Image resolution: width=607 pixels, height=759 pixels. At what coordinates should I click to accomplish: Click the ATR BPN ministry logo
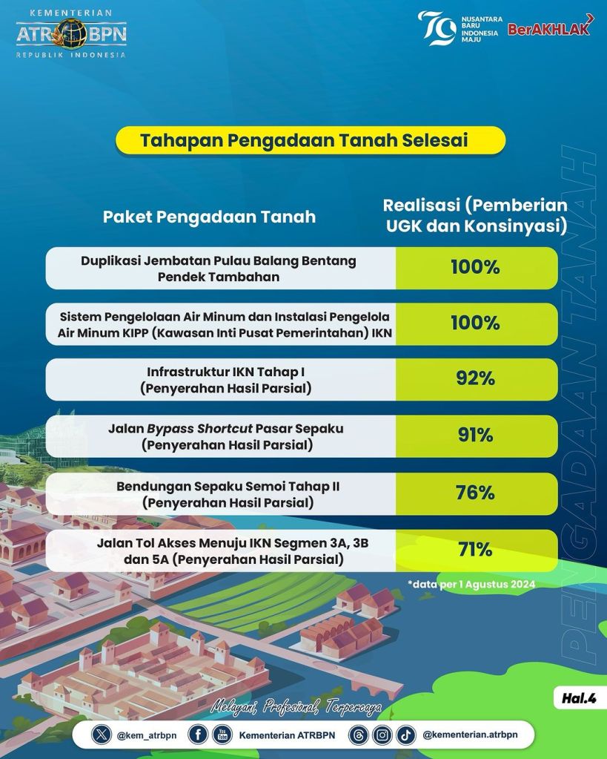pos(72,33)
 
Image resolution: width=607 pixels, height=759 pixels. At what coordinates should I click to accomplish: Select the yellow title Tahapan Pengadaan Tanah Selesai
pos(304,140)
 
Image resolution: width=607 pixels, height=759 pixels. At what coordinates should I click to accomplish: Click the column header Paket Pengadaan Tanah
pos(210,217)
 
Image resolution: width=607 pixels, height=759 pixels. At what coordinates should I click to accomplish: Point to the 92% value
pos(475,378)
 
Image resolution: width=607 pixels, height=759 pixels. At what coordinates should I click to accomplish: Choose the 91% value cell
pos(475,436)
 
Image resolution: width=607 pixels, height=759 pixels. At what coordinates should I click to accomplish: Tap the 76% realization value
pos(475,493)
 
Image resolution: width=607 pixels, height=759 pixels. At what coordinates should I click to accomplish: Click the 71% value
pos(475,550)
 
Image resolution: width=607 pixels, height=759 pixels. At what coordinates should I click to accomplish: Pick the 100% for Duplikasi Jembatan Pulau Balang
pos(475,267)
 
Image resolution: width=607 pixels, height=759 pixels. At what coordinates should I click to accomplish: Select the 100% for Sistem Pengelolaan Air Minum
pos(475,323)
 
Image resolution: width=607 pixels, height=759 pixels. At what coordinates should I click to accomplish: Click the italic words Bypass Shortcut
pos(200,429)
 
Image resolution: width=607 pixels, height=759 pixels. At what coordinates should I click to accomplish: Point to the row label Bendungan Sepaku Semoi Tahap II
pos(228,486)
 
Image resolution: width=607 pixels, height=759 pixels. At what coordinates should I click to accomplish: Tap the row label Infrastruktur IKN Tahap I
pos(226,372)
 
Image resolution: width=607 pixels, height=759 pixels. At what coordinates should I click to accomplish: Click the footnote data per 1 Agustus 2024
pos(471,584)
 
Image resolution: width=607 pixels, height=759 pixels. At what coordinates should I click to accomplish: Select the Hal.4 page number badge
pos(579,698)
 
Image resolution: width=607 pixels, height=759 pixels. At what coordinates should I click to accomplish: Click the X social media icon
pos(101,735)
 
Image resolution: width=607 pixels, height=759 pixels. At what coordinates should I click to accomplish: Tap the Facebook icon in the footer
pos(198,735)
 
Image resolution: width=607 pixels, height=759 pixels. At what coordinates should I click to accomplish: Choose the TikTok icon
pos(406,735)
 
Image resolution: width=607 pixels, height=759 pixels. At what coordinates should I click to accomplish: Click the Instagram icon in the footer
pos(382,735)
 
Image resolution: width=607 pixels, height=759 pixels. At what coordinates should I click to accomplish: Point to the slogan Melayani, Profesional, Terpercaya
pos(296,708)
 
